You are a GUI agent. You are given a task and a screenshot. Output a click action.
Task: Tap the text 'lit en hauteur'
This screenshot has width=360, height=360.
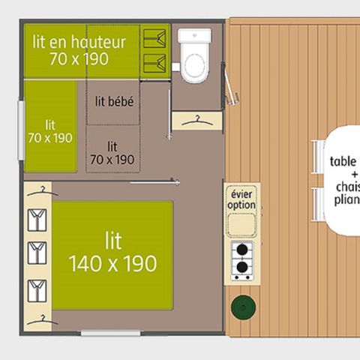pyautogui.click(x=79, y=42)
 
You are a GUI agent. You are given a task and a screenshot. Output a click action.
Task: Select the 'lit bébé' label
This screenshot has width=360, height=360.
pyautogui.click(x=115, y=101)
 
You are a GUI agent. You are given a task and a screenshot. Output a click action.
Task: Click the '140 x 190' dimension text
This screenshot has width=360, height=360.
pyautogui.click(x=112, y=263)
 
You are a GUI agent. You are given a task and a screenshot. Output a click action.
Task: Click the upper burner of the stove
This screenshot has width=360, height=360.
pyautogui.click(x=241, y=251)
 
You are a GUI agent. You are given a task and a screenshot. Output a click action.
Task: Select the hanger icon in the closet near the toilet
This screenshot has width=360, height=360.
pyautogui.click(x=196, y=119)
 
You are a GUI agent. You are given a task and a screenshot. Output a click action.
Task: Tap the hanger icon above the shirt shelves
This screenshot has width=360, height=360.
pyautogui.click(x=42, y=189)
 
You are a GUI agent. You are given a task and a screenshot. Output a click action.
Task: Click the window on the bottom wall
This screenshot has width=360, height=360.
pyautogui.click(x=110, y=332)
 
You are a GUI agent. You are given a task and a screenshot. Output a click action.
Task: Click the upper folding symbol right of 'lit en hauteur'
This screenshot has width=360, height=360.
pyautogui.click(x=154, y=36)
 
